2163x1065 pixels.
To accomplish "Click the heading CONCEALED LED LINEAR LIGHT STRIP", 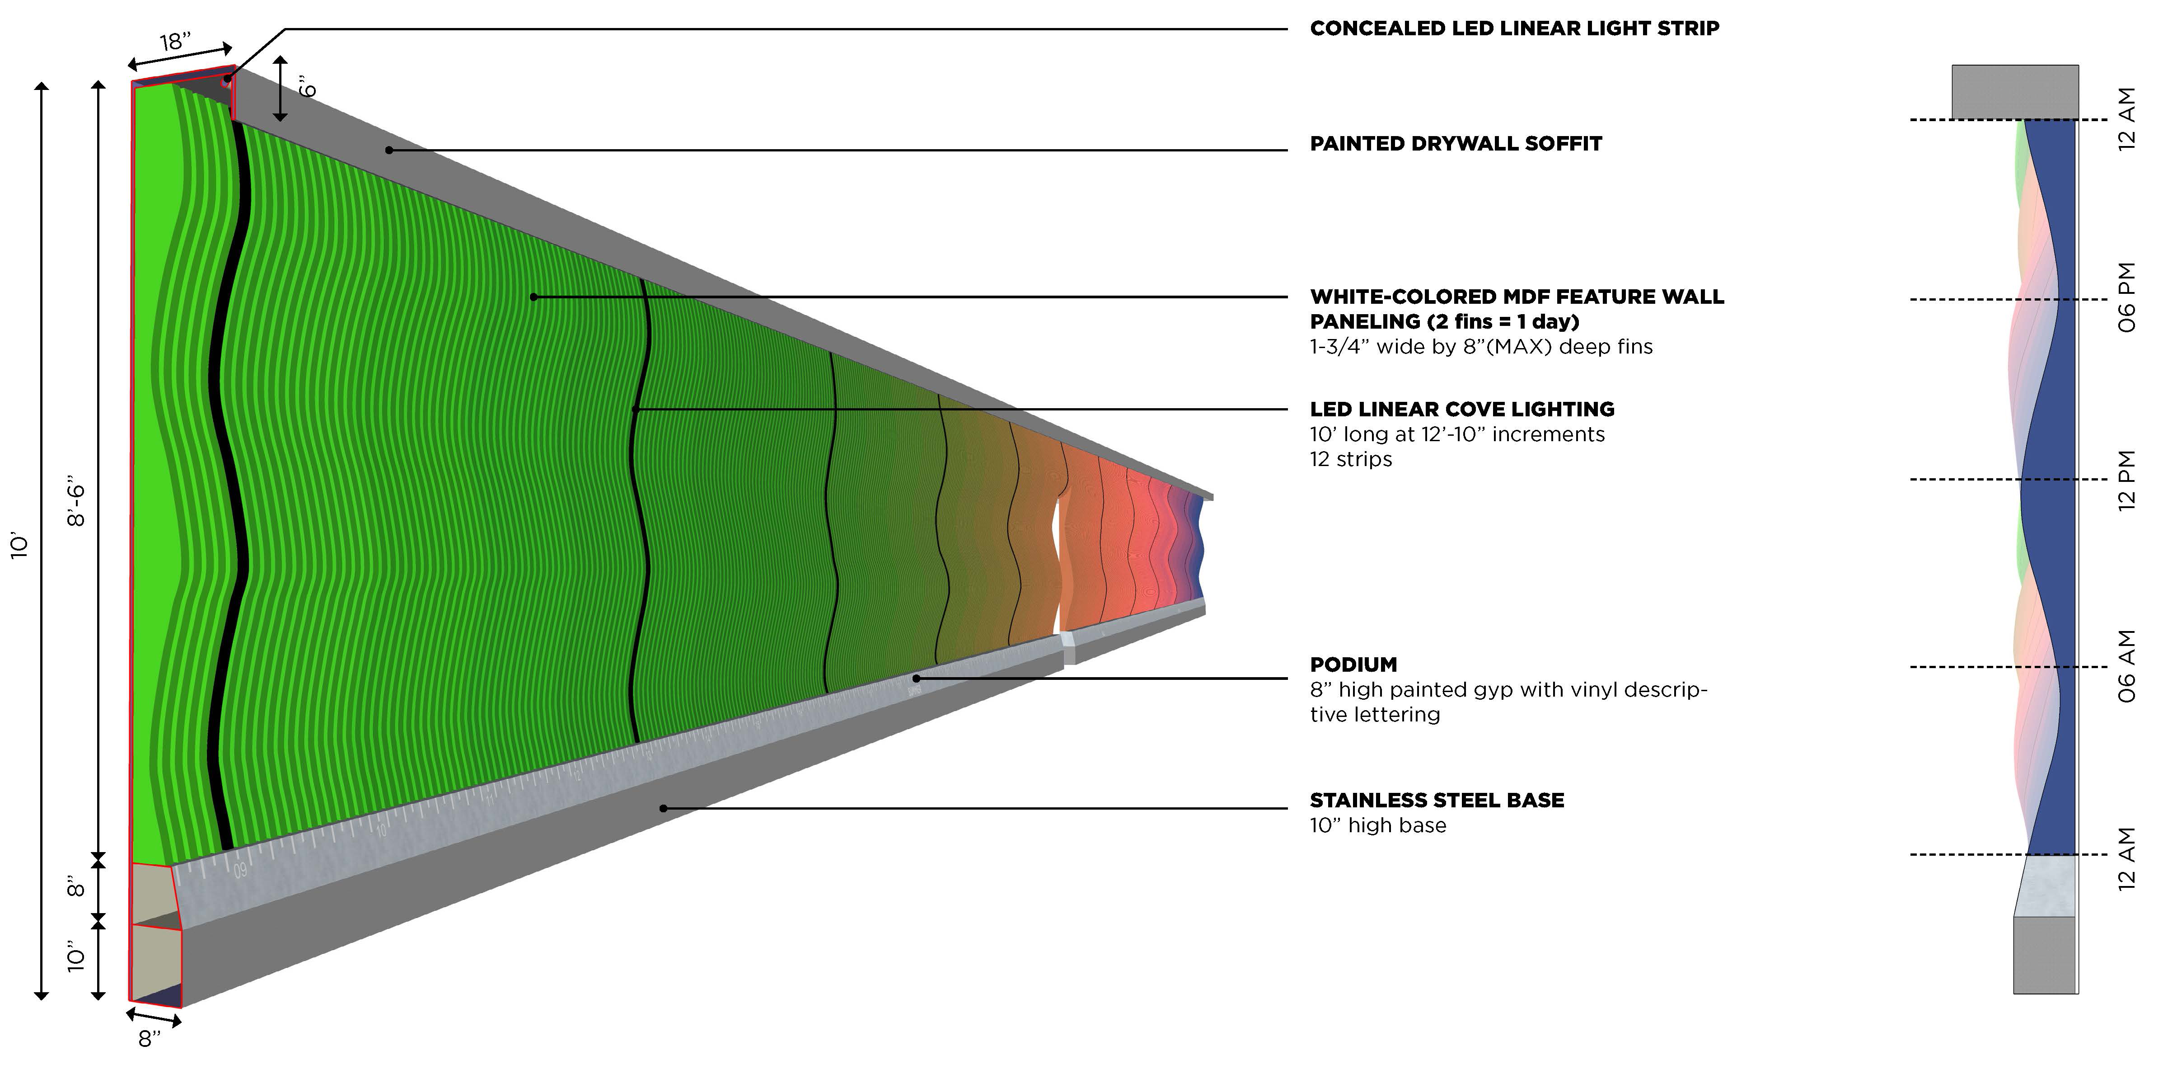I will (1514, 28).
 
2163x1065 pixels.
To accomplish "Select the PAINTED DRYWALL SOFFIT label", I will (1455, 144).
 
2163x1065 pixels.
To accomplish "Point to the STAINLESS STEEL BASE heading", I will (1437, 801).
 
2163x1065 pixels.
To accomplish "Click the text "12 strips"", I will (1350, 459).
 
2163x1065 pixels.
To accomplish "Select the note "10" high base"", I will (1378, 825).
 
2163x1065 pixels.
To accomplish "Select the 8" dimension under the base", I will (149, 1039).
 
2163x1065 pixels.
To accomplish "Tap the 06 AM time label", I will (2126, 666).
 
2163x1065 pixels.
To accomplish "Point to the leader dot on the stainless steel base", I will (663, 808).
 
